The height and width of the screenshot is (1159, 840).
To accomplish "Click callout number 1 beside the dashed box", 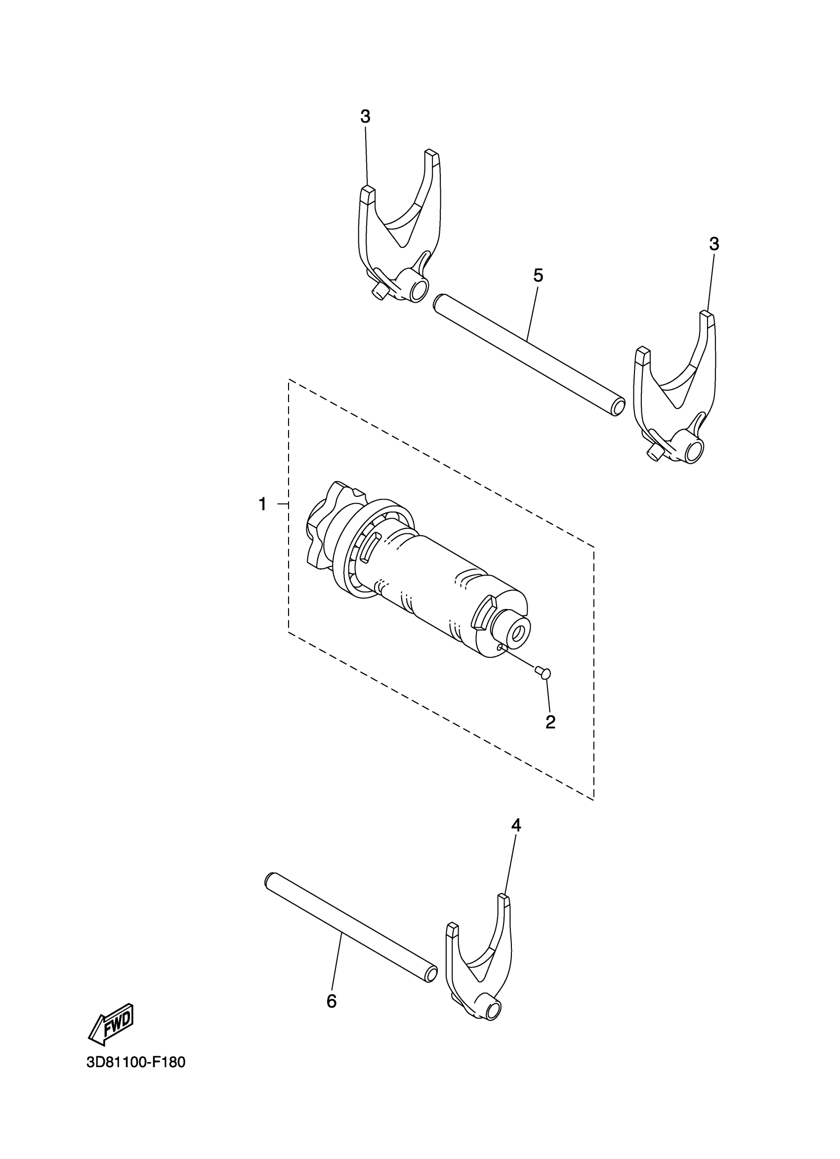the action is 262,505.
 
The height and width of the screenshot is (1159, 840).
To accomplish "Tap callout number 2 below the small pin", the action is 550,722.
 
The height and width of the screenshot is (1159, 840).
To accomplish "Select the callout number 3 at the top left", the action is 365,117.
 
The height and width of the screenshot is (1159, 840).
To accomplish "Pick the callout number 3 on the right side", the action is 714,244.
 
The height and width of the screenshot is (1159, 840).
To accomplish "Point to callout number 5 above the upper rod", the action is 538,276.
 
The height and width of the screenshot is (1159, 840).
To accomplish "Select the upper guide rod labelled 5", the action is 527,355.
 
